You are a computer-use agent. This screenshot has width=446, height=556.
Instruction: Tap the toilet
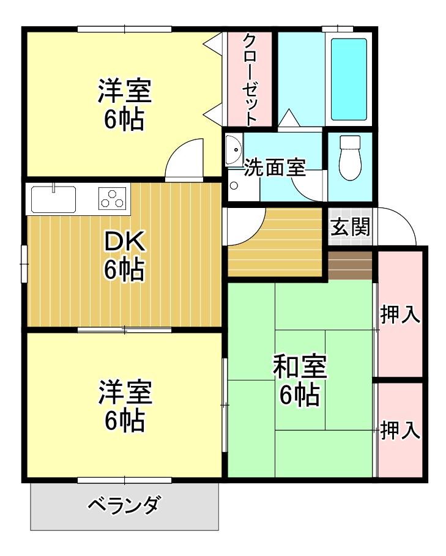[350, 158]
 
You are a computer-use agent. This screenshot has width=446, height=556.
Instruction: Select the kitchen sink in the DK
[53, 199]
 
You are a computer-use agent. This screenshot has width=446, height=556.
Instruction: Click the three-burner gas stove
[113, 199]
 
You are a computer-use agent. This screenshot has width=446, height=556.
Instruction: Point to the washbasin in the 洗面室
[233, 150]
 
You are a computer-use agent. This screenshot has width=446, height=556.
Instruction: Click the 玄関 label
[351, 228]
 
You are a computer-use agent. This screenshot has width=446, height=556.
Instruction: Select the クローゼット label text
[250, 80]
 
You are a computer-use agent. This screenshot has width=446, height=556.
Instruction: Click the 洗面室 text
[275, 168]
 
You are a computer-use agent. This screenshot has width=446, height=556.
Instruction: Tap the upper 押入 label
[400, 314]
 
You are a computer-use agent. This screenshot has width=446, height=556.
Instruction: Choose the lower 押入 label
[400, 430]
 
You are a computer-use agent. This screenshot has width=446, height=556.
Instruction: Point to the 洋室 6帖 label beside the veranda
[124, 406]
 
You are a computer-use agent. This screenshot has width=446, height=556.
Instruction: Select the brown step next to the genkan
[350, 265]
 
